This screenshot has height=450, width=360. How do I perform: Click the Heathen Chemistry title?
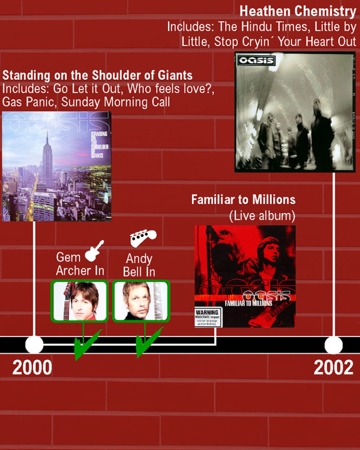point(298,11)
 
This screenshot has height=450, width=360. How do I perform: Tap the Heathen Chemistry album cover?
point(295,112)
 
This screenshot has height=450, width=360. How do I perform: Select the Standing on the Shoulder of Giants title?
point(97,75)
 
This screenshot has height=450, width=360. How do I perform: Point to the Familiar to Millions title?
point(243,200)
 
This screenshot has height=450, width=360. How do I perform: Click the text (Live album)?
point(262,216)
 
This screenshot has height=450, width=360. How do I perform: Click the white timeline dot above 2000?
point(34,345)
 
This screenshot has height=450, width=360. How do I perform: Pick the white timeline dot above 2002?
point(333,345)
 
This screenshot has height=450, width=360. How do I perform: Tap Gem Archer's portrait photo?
point(79,301)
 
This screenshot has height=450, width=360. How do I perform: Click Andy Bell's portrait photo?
point(141,301)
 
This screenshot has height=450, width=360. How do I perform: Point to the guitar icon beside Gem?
point(94,250)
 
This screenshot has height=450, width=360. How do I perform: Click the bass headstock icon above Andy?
point(143,238)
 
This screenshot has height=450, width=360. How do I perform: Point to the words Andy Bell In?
point(139,265)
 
